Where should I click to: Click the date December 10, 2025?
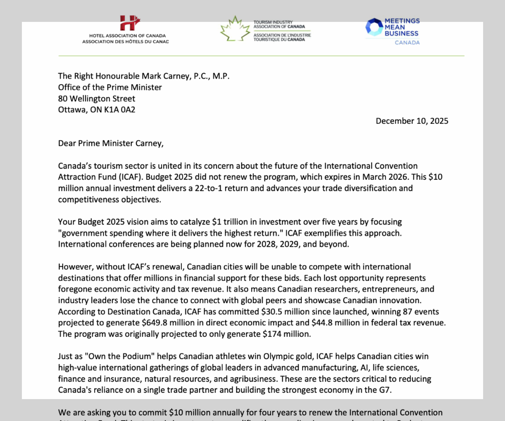[x=412, y=121]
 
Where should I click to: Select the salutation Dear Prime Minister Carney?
[x=111, y=143]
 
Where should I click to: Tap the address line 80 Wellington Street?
[x=97, y=99]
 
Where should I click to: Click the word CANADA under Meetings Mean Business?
[x=407, y=43]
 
